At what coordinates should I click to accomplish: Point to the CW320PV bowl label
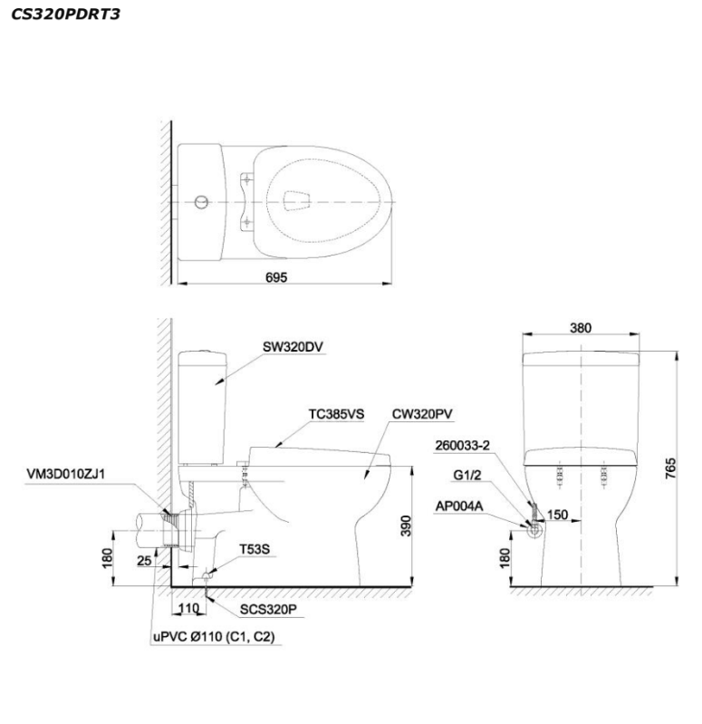click(x=422, y=413)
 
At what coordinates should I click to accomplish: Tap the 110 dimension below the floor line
click(x=188, y=608)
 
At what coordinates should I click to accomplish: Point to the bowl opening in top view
click(x=297, y=200)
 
